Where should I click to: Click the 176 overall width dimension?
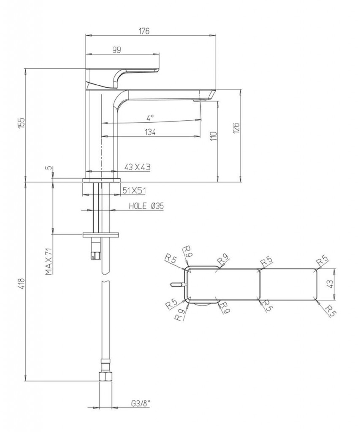pos(144,31)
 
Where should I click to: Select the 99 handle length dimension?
pos(116,50)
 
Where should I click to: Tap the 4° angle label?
pos(150,118)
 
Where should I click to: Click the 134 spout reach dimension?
pos(150,132)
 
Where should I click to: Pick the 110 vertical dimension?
pos(214,136)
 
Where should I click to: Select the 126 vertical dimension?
pos(237,128)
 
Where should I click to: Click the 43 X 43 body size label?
pos(137,167)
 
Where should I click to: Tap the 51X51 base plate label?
pos(134,190)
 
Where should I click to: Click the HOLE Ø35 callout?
pos(146,206)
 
